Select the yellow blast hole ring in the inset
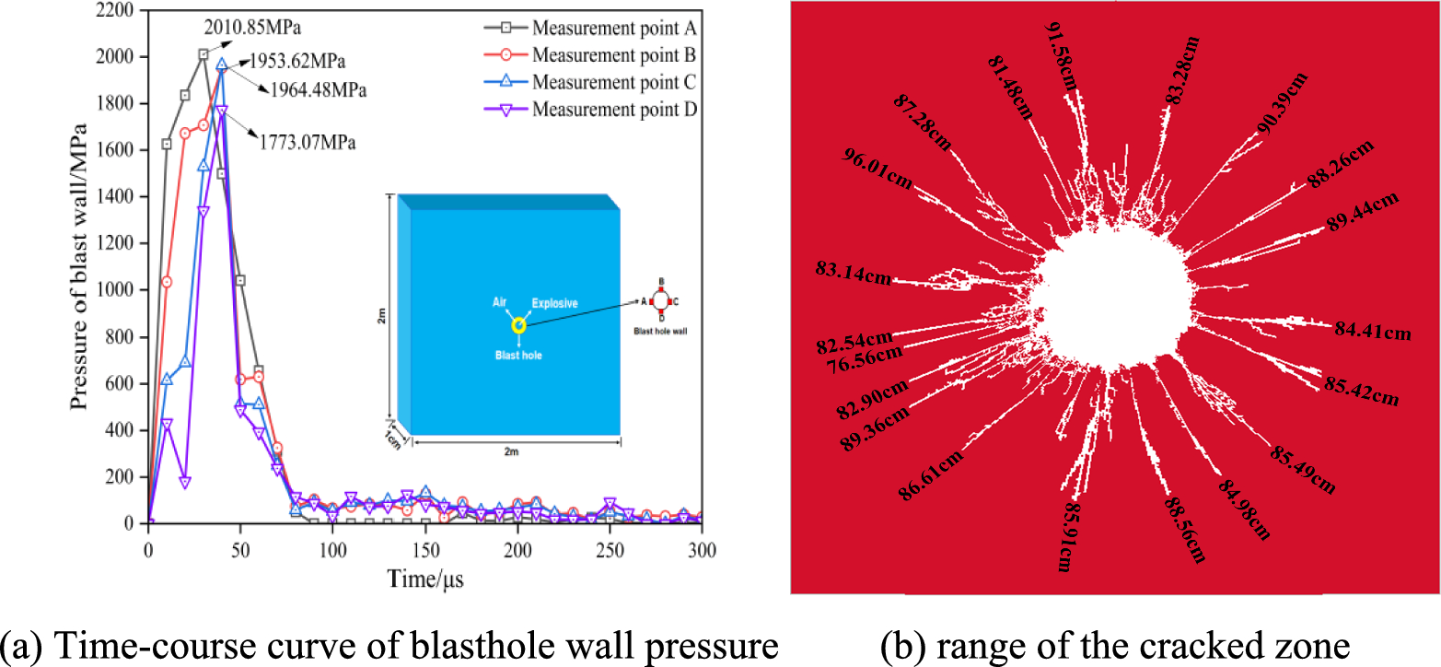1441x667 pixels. pos(518,325)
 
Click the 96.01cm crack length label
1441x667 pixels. pos(877,168)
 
